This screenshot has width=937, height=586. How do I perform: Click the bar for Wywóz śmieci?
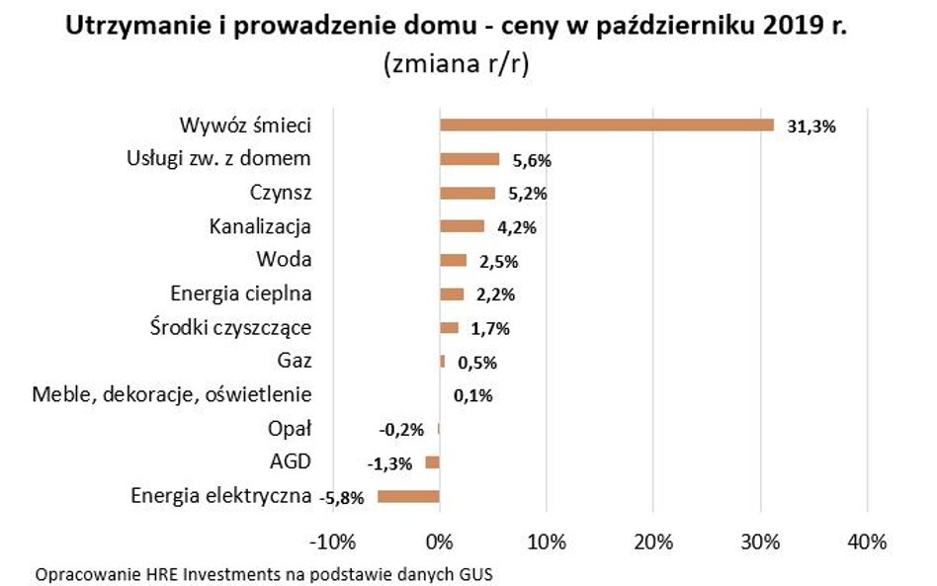[606, 126]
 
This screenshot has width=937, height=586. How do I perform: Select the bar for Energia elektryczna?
[408, 496]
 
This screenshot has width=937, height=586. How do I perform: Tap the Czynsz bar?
[467, 193]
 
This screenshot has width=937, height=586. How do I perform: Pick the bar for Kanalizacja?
[462, 226]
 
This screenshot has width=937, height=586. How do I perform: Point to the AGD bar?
[432, 462]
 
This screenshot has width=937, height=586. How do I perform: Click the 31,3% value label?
[811, 126]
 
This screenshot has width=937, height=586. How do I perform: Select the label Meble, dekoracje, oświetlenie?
[172, 395]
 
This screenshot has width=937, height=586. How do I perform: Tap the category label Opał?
[290, 429]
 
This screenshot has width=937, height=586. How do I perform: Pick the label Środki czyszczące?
[240, 328]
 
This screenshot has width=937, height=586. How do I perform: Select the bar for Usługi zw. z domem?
[468, 159]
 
